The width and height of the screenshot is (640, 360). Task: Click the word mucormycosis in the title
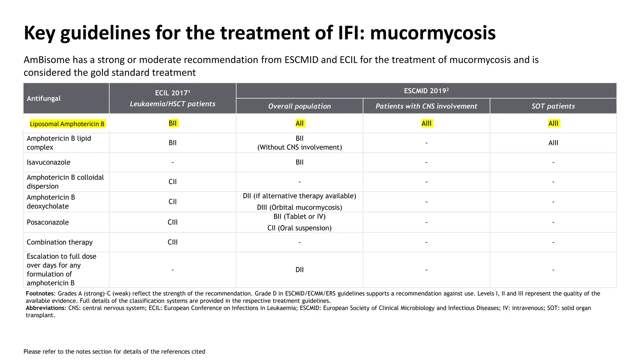(x=433, y=33)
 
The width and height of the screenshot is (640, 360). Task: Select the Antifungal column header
(x=44, y=98)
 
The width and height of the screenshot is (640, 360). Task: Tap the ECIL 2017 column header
(x=172, y=93)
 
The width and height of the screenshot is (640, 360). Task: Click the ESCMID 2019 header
(x=426, y=91)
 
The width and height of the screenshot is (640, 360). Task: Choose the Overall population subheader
(x=299, y=106)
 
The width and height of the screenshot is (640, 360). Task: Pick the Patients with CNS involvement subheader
(x=426, y=106)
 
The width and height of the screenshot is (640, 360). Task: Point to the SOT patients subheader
(x=553, y=106)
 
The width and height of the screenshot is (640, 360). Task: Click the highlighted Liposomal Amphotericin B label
(x=67, y=124)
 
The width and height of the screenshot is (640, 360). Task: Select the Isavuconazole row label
(x=48, y=162)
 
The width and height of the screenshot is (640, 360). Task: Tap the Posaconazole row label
(x=48, y=222)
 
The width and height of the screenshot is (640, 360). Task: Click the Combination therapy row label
(x=60, y=242)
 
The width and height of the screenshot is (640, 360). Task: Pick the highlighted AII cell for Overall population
(x=299, y=123)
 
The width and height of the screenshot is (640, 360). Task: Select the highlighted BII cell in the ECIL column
(x=173, y=123)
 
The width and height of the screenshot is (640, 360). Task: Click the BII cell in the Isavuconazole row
(x=299, y=162)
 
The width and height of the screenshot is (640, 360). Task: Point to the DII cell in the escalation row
(x=299, y=270)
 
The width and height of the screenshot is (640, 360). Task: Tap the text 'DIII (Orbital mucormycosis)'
(x=299, y=207)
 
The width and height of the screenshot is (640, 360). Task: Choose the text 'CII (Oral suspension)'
(x=299, y=228)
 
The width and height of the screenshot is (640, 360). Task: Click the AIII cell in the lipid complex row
(x=553, y=143)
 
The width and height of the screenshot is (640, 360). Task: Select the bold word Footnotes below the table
(x=40, y=293)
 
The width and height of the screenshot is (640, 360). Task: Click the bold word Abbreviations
(x=46, y=308)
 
